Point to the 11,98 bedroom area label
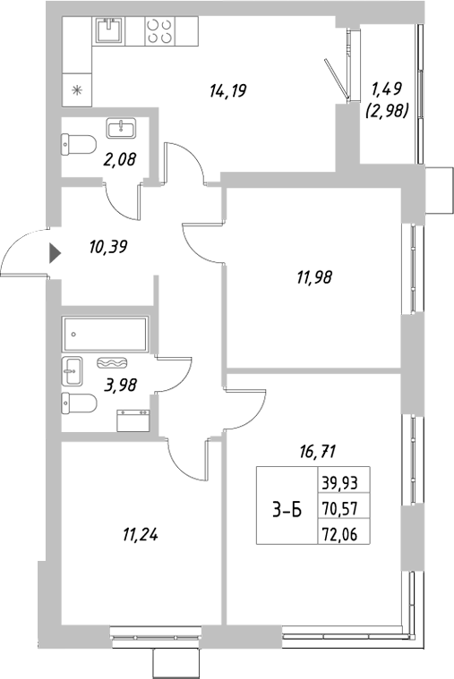pos(313,276)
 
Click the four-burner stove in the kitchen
pos(159,32)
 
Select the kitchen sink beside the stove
pos(110,32)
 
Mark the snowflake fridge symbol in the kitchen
pos(77,89)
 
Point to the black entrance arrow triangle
pos(55,253)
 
